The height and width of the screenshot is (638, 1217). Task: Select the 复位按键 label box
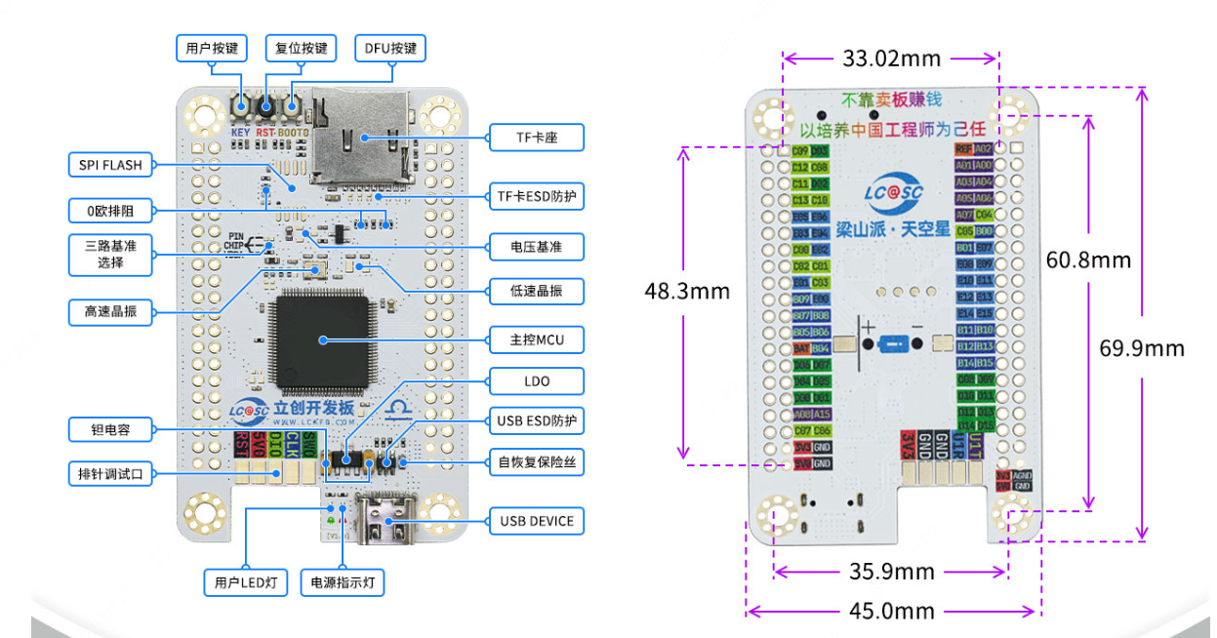[301, 48]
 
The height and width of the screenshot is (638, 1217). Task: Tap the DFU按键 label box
[390, 48]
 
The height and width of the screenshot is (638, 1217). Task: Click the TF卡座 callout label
[536, 137]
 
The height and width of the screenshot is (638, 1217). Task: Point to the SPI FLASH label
[110, 165]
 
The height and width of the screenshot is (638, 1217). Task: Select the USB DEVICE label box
[536, 521]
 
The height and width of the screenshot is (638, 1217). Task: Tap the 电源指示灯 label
[343, 583]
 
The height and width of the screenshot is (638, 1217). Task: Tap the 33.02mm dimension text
[891, 59]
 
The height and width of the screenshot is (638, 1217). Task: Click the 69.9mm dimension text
[1141, 348]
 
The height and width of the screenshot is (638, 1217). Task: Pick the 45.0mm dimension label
[891, 612]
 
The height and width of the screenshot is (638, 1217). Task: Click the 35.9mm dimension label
[891, 571]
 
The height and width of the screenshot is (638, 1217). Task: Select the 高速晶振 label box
[110, 311]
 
